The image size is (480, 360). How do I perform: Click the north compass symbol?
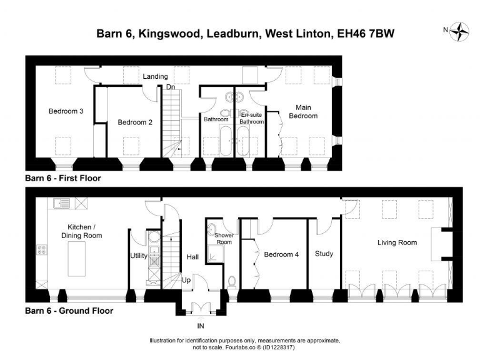[461, 29]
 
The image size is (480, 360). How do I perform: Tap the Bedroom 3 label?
[66, 111]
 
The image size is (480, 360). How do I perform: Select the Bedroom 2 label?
[135, 122]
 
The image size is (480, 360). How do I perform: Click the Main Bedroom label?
[303, 111]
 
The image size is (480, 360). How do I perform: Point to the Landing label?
[154, 76]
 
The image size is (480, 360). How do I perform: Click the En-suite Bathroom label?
[252, 118]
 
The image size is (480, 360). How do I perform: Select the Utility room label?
[138, 255]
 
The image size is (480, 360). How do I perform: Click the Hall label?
[192, 256]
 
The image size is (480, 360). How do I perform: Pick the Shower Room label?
[224, 238]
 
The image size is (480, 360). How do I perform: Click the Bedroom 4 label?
[281, 254]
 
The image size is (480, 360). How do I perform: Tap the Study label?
[324, 254]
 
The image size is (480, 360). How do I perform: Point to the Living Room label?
[397, 242]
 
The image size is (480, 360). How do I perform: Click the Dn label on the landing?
[170, 87]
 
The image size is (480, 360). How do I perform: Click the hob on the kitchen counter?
[42, 250]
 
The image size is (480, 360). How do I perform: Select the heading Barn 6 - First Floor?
[62, 178]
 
